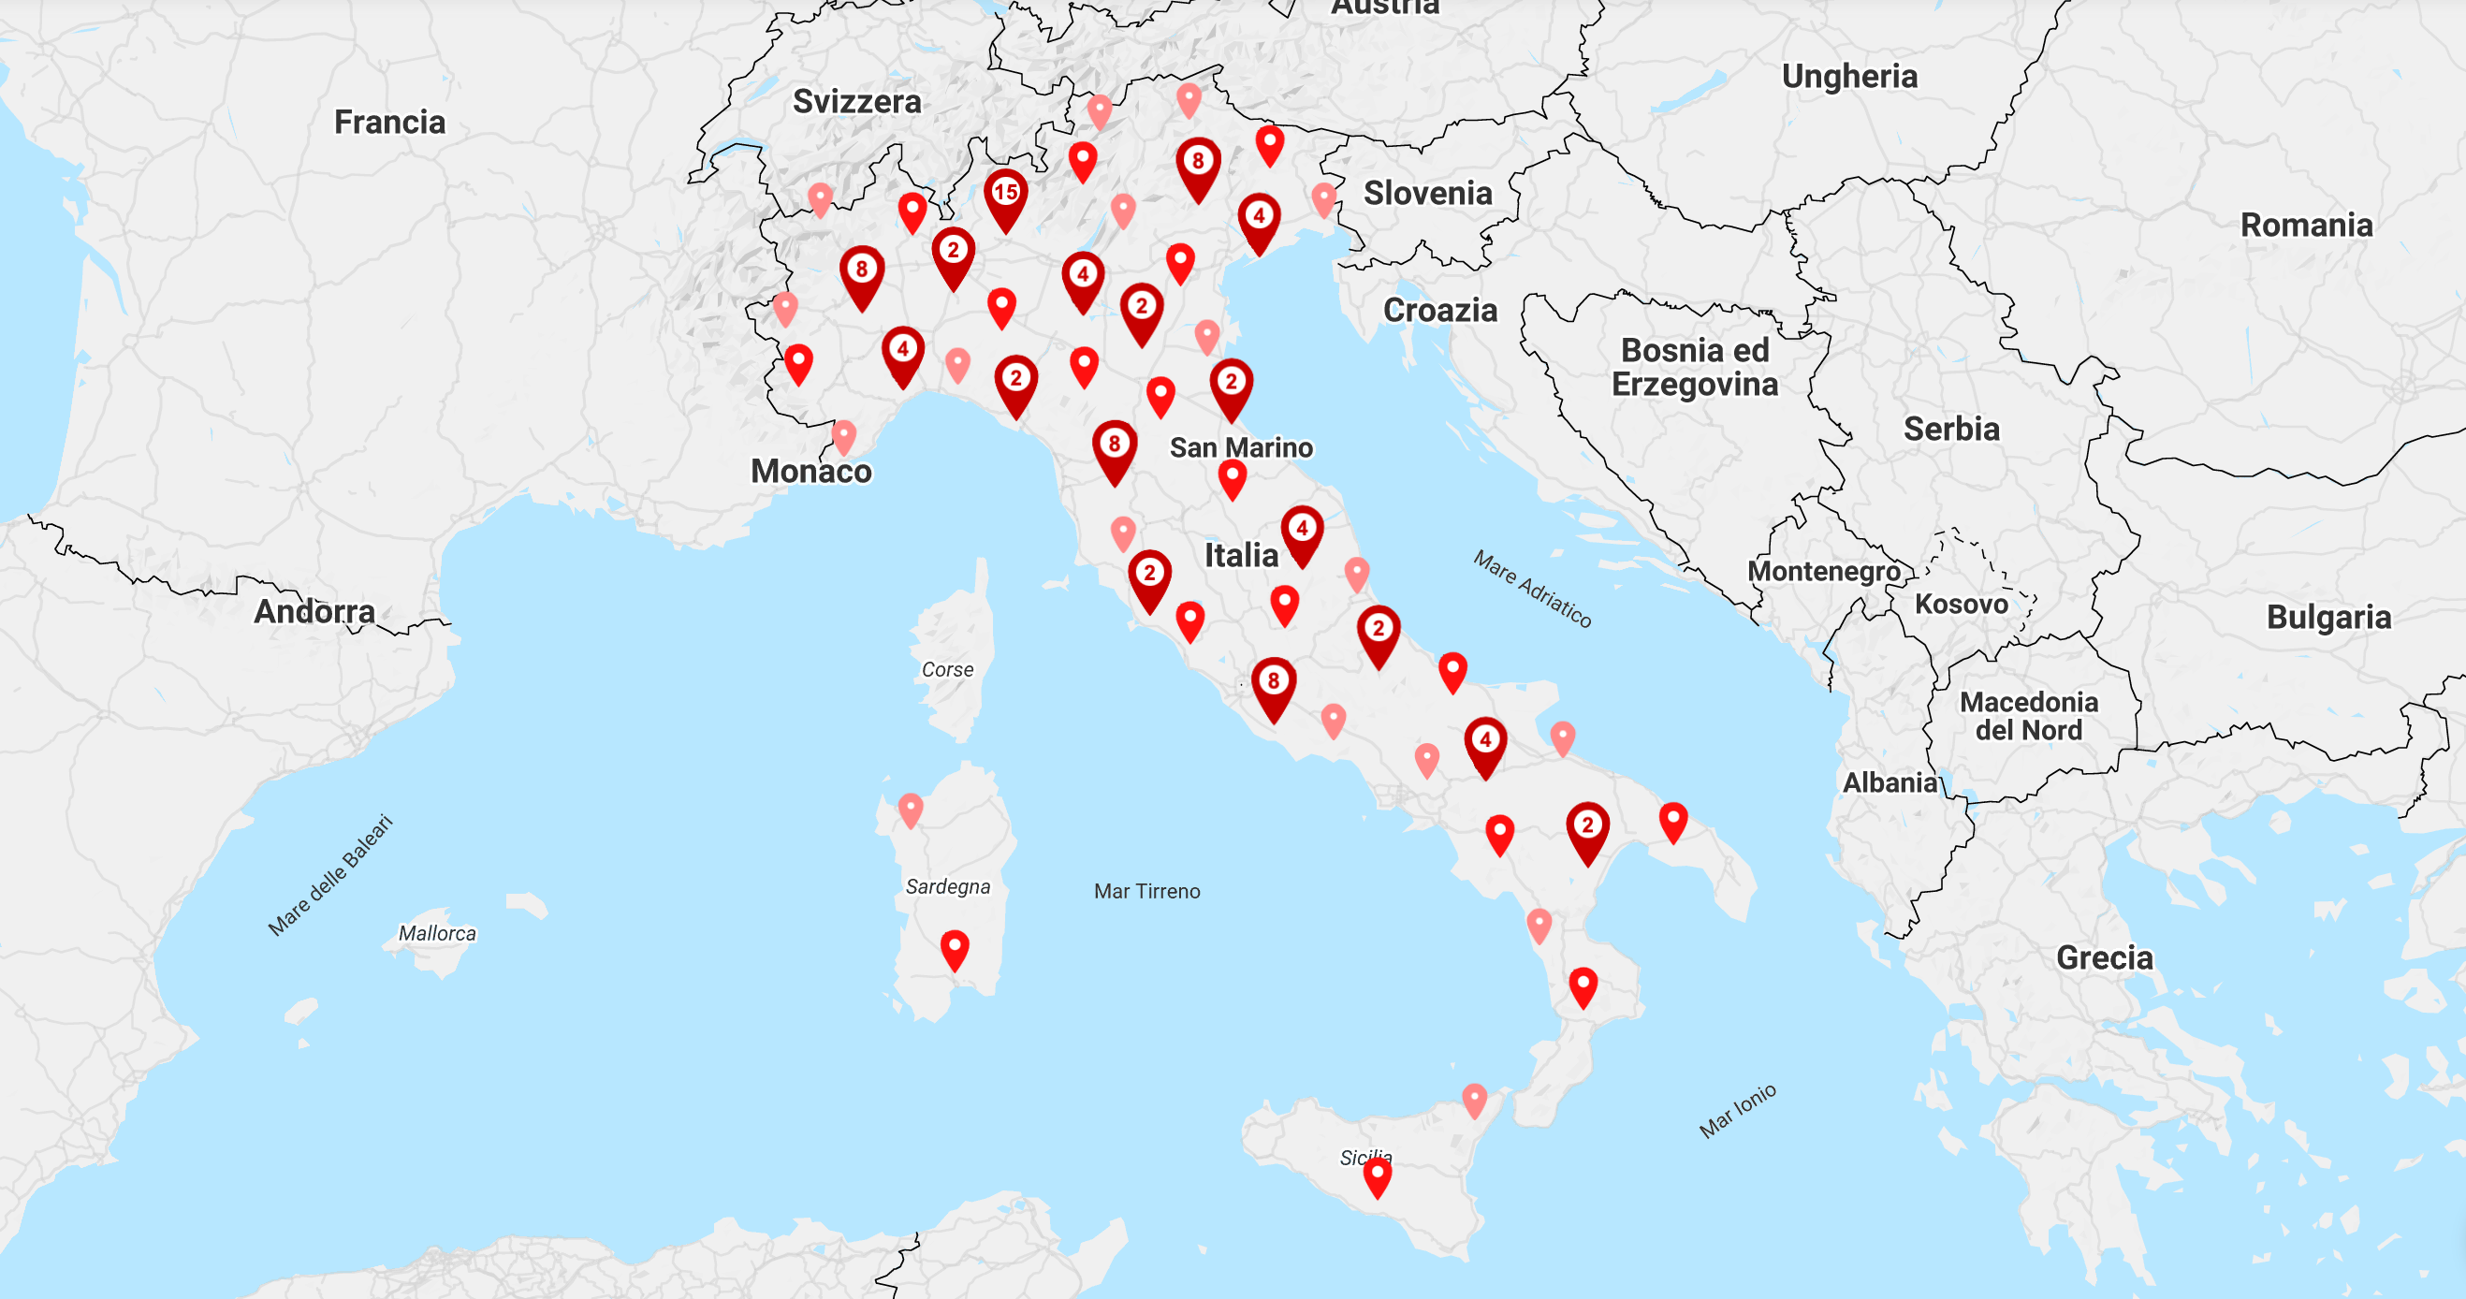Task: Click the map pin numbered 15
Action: coord(1005,195)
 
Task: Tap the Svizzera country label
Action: coord(856,101)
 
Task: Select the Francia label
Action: coord(389,123)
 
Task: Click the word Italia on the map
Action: coord(1241,555)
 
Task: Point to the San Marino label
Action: coord(1241,447)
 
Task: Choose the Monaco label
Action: coord(810,471)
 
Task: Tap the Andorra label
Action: coord(314,611)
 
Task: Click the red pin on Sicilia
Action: coord(1377,1175)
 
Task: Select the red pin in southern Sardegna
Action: coord(955,948)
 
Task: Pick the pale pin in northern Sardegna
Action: coord(911,809)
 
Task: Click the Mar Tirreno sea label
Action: coord(1146,891)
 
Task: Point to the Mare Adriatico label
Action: coord(1532,589)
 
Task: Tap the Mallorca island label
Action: coord(436,933)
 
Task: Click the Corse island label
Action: coord(947,670)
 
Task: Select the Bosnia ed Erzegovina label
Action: coord(1695,367)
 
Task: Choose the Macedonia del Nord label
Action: coord(2029,716)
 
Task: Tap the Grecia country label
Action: coord(2104,957)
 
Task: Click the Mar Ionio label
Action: coord(1738,1110)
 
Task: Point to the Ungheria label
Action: coord(1848,77)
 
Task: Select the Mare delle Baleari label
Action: coord(330,874)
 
